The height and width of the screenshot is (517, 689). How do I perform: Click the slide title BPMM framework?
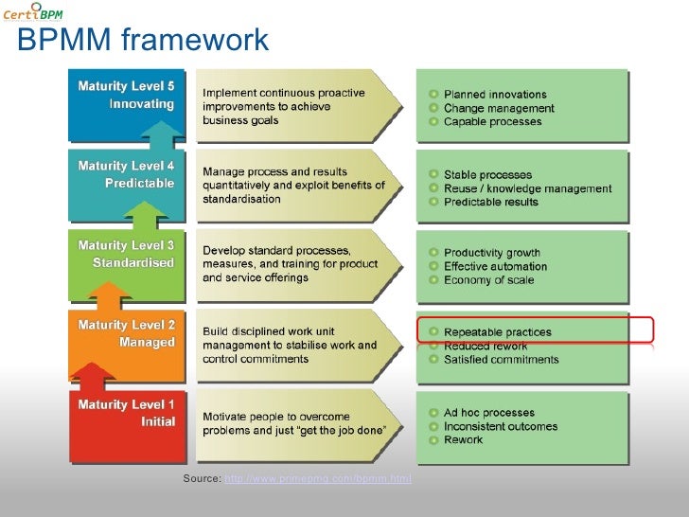143,41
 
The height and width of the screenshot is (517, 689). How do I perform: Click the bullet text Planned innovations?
495,95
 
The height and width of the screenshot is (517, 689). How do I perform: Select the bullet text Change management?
499,109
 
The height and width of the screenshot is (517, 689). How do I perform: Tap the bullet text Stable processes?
488,175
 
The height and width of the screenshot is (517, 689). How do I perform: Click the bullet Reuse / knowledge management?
527,188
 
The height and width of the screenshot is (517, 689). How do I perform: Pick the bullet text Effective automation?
495,267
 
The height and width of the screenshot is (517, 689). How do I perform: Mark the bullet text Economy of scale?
488,280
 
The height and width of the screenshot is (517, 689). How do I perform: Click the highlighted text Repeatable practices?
497,332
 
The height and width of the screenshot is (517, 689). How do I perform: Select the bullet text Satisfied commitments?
502,360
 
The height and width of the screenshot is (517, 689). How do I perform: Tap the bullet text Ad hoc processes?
489,413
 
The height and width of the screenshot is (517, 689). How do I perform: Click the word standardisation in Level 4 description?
241,200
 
